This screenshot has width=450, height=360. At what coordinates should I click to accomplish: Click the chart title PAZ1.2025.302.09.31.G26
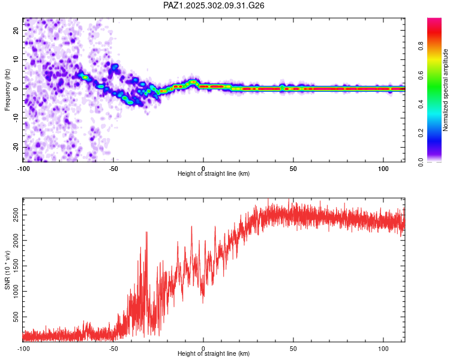click(214, 5)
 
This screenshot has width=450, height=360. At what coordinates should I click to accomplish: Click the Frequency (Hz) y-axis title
click(8, 89)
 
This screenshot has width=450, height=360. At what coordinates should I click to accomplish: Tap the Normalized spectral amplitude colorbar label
click(446, 90)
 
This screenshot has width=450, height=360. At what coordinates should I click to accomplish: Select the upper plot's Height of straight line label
click(214, 173)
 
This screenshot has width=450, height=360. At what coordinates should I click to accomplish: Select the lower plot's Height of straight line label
click(214, 355)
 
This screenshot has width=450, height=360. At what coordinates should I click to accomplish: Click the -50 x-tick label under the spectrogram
click(112, 167)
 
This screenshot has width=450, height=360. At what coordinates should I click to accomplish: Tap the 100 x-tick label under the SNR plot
click(383, 349)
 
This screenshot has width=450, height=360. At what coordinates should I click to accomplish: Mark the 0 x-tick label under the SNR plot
click(203, 349)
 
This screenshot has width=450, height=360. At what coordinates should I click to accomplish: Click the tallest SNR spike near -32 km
click(146, 232)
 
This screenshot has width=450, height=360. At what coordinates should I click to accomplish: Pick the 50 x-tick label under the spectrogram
click(293, 167)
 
